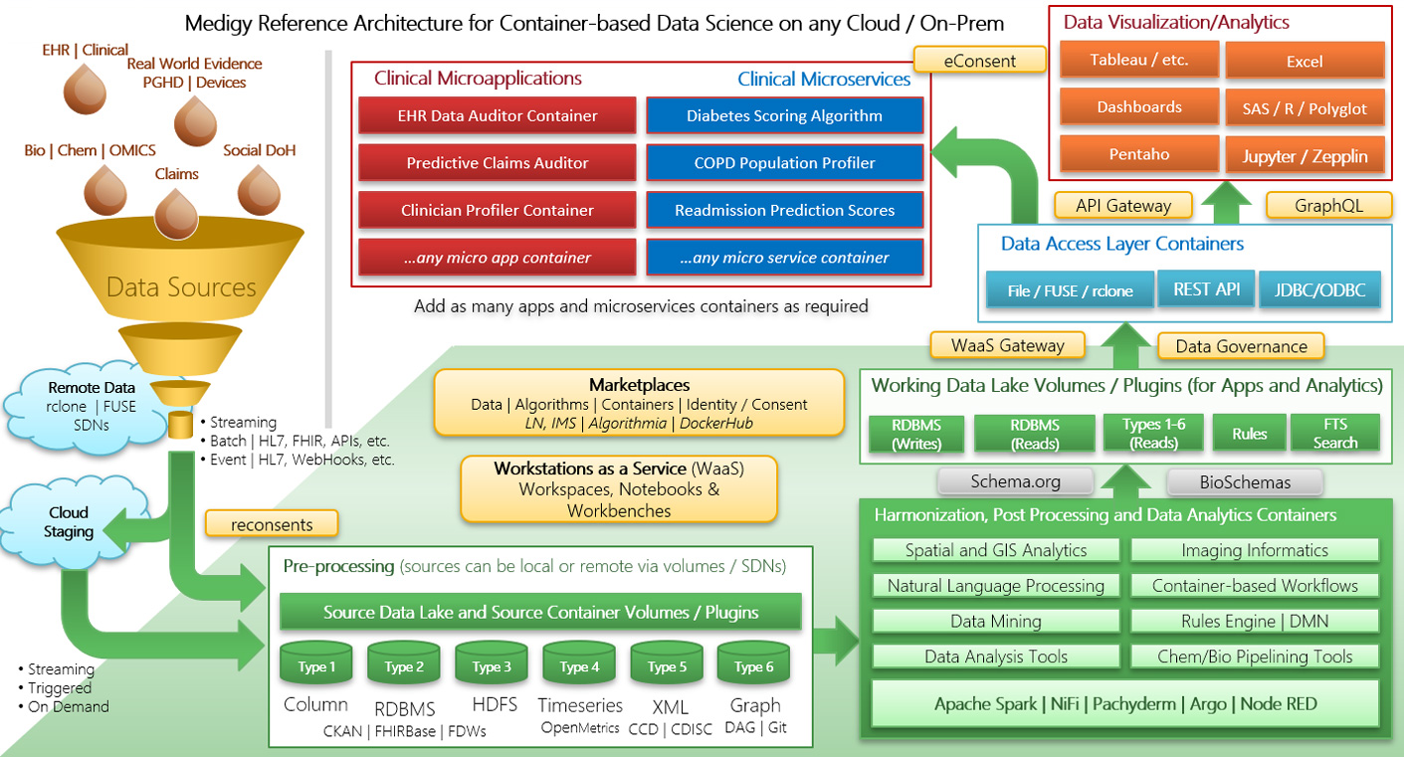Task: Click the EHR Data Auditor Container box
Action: pyautogui.click(x=497, y=115)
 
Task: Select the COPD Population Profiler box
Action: pyautogui.click(x=784, y=163)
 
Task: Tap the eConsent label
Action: pyautogui.click(x=980, y=61)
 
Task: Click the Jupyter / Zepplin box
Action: pyautogui.click(x=1304, y=155)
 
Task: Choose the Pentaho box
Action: pyautogui.click(x=1138, y=154)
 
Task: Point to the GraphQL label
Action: pyautogui.click(x=1328, y=205)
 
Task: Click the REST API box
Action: pyautogui.click(x=1206, y=289)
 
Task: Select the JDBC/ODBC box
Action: pyautogui.click(x=1319, y=291)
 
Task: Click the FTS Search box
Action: pyautogui.click(x=1334, y=434)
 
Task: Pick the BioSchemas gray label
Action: pyautogui.click(x=1244, y=481)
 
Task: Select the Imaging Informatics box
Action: pyautogui.click(x=1255, y=550)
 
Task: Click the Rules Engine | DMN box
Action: pyautogui.click(x=1255, y=621)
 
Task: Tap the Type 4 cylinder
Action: pyautogui.click(x=574, y=665)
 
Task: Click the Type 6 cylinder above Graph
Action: pyautogui.click(x=753, y=665)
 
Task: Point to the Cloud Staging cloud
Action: pyautogui.click(x=69, y=522)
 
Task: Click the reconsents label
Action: pyautogui.click(x=272, y=523)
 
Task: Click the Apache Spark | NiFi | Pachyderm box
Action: pyautogui.click(x=1125, y=704)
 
